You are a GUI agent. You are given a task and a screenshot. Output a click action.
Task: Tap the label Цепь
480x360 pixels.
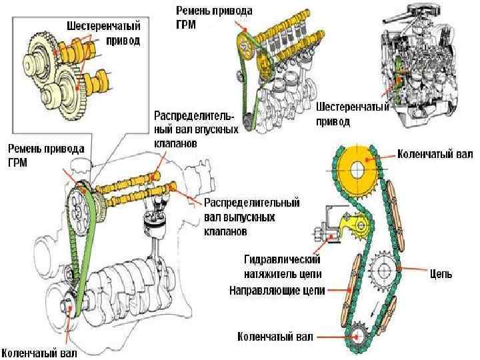[441, 273]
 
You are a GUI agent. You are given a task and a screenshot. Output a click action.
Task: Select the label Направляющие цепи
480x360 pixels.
[277, 291]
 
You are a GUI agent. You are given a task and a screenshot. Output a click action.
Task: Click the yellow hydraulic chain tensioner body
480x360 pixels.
[348, 227]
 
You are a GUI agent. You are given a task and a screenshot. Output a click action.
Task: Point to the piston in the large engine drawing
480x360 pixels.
[155, 227]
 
